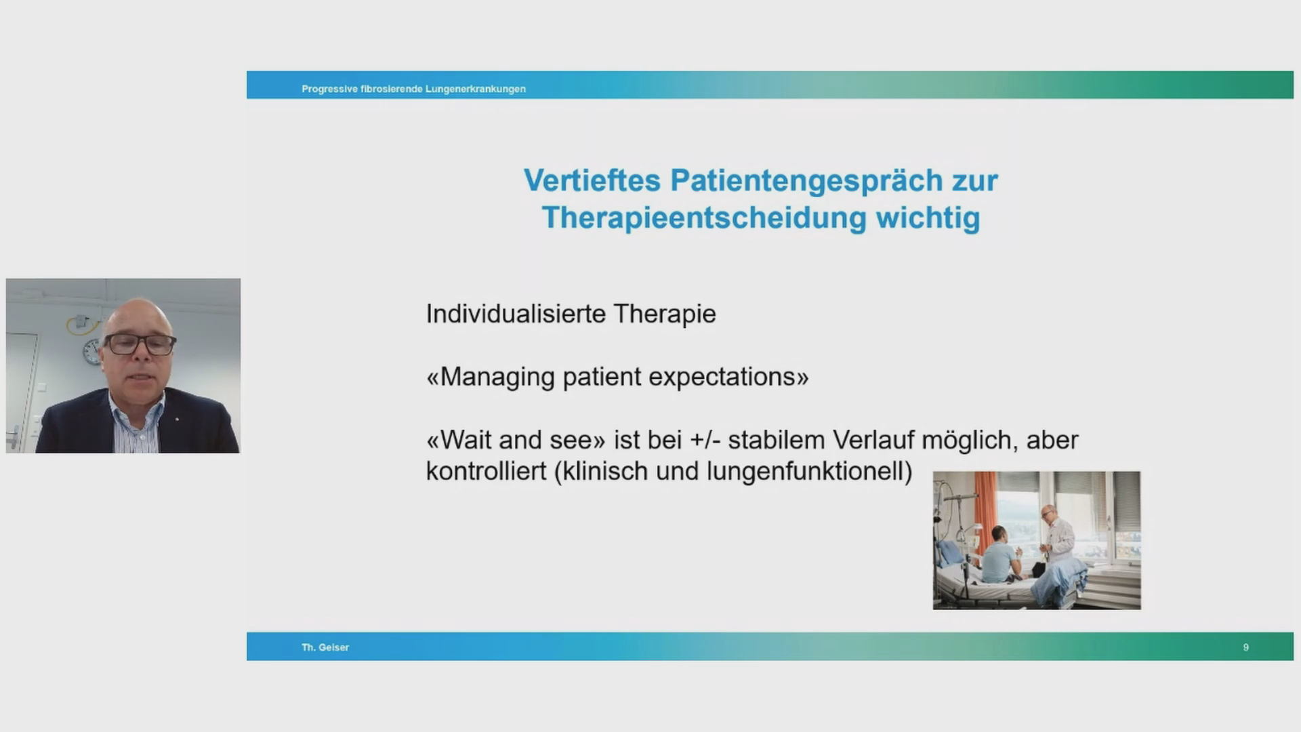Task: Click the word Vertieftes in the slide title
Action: click(592, 180)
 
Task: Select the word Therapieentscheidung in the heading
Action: click(704, 218)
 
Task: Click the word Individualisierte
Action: click(516, 314)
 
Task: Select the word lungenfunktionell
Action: click(804, 471)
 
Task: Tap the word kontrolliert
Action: click(486, 471)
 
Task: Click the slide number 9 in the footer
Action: click(1245, 647)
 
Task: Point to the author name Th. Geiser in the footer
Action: click(325, 647)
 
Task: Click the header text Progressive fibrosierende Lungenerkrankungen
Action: click(413, 89)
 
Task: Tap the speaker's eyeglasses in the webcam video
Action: click(139, 344)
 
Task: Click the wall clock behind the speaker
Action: click(91, 352)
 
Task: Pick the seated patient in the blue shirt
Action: click(999, 556)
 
